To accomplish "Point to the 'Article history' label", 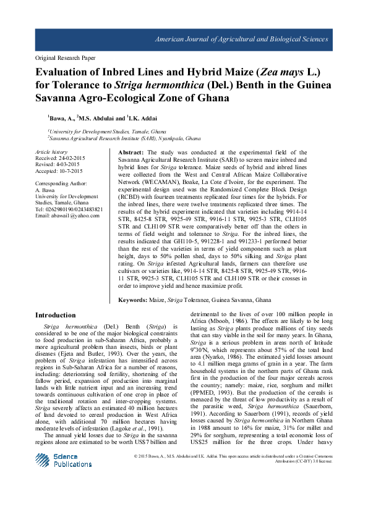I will pyautogui.click(x=51, y=152).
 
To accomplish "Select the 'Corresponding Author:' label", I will pyautogui.click(x=61, y=184).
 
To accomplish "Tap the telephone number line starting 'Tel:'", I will pyautogui.click(x=69, y=209).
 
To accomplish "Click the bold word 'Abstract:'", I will pyautogui.click(x=131, y=152).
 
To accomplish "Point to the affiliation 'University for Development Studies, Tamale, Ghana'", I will pyautogui.click(x=107, y=132).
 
